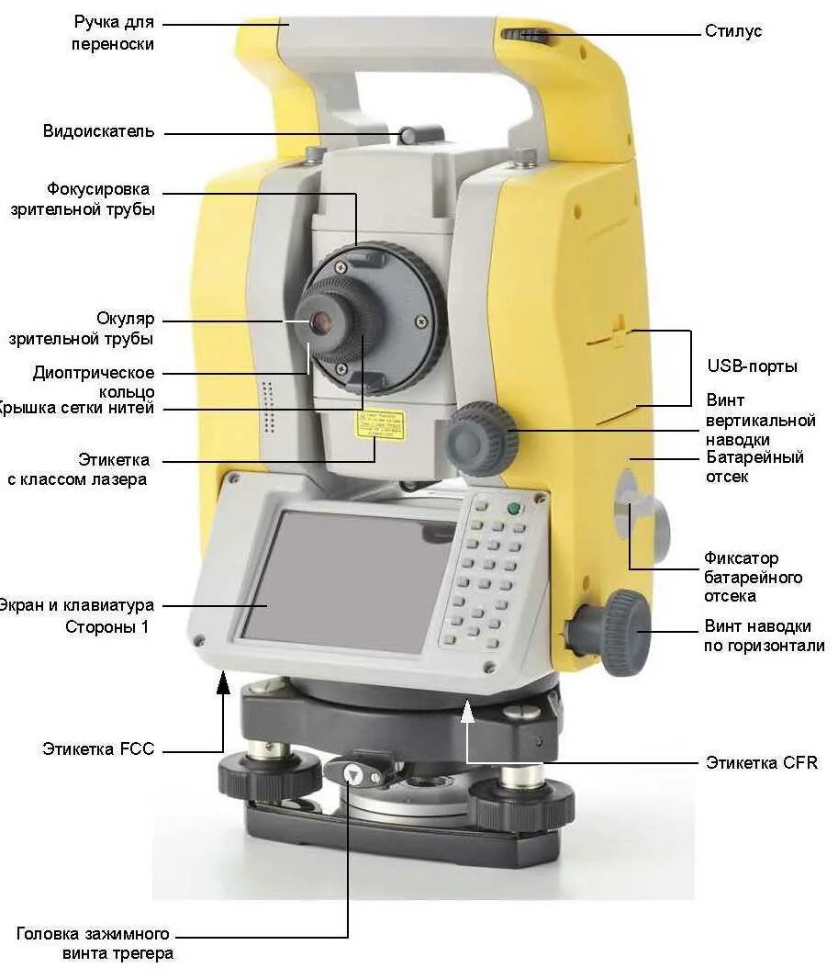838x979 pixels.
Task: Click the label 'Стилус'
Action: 732,31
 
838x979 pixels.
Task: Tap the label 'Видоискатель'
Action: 98,131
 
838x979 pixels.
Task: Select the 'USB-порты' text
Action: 751,366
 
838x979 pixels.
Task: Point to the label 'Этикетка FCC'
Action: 98,748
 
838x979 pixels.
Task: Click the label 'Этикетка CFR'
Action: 761,762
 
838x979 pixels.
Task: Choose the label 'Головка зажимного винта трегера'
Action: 95,943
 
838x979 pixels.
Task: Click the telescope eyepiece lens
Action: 321,321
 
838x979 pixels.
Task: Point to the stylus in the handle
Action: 526,36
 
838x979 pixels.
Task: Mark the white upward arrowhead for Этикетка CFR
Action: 468,708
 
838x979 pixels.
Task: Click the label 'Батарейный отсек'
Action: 754,467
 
